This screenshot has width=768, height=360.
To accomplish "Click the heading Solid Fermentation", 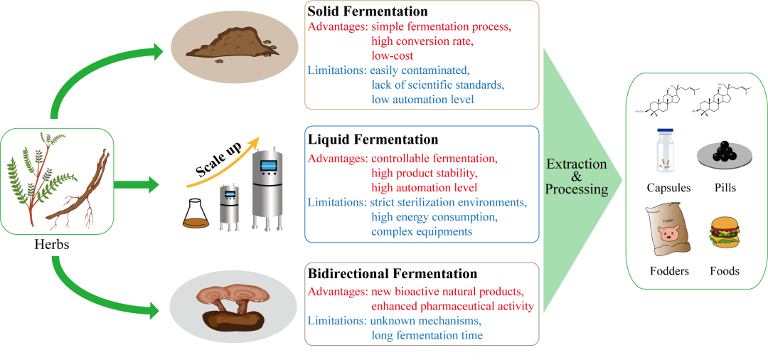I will click(367, 12).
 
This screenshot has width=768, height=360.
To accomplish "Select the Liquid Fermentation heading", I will click(373, 139).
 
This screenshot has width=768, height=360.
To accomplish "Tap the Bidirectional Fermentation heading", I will click(392, 274).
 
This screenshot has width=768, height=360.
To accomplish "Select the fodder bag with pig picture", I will click(666, 229).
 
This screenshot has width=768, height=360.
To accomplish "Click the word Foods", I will click(724, 271).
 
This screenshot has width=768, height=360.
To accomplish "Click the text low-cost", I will click(392, 55).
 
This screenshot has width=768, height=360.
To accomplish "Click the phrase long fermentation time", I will click(427, 335).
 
